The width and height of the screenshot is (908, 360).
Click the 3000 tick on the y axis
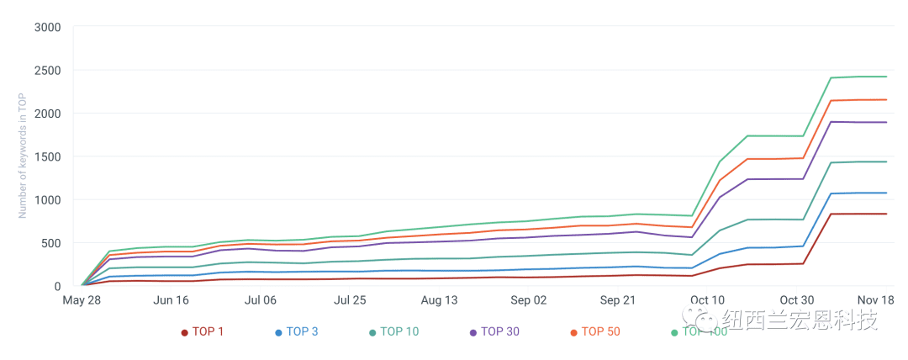pos(47,27)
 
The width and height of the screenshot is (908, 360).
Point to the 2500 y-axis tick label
pos(47,70)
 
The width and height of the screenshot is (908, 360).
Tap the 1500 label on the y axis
pos(47,156)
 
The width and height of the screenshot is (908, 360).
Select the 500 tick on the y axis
pos(51,243)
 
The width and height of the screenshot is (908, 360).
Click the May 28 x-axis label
pos(82,299)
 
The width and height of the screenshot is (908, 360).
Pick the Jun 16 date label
pos(171,299)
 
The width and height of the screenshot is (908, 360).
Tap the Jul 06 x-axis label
pos(260,299)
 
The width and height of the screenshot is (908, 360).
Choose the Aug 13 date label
pos(439,299)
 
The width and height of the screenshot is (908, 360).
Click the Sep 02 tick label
pos(528,299)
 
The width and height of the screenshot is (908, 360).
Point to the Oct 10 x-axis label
pos(707,299)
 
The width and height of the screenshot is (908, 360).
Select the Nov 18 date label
pos(876,299)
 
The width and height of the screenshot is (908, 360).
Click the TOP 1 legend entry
pos(203,331)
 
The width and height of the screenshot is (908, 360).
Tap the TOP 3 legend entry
pos(296,331)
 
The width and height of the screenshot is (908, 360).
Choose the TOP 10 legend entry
pos(393,331)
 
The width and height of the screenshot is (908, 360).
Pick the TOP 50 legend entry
pos(594,331)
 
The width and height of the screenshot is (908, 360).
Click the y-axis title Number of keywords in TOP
pos(24,156)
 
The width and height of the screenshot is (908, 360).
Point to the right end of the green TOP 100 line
pos(887,77)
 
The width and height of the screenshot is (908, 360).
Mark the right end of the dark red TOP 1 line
pos(887,214)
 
